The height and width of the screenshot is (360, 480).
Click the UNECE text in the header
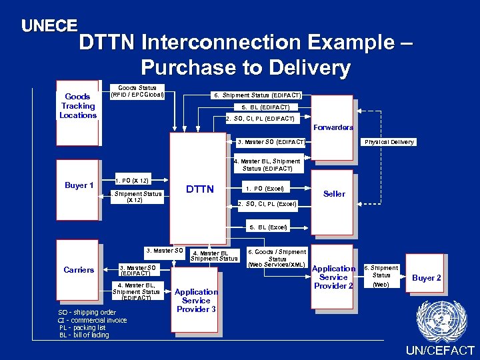point(49,26)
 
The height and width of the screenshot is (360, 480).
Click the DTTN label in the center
point(199,189)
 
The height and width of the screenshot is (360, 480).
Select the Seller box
point(333,193)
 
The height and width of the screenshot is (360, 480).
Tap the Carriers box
point(78,270)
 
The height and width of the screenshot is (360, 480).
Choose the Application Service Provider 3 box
point(196,301)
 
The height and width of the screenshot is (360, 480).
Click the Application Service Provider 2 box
point(333,277)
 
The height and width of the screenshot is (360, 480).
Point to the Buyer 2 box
point(426,277)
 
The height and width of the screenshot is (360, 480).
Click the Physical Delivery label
point(389,142)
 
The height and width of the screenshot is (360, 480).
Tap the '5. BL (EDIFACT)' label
point(265,107)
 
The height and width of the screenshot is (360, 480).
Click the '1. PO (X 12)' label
point(131,181)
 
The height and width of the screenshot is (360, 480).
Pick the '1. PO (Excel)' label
point(265,189)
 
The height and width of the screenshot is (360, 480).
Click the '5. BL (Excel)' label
point(269,227)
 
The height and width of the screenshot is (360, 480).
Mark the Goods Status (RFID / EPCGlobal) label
point(137,91)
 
